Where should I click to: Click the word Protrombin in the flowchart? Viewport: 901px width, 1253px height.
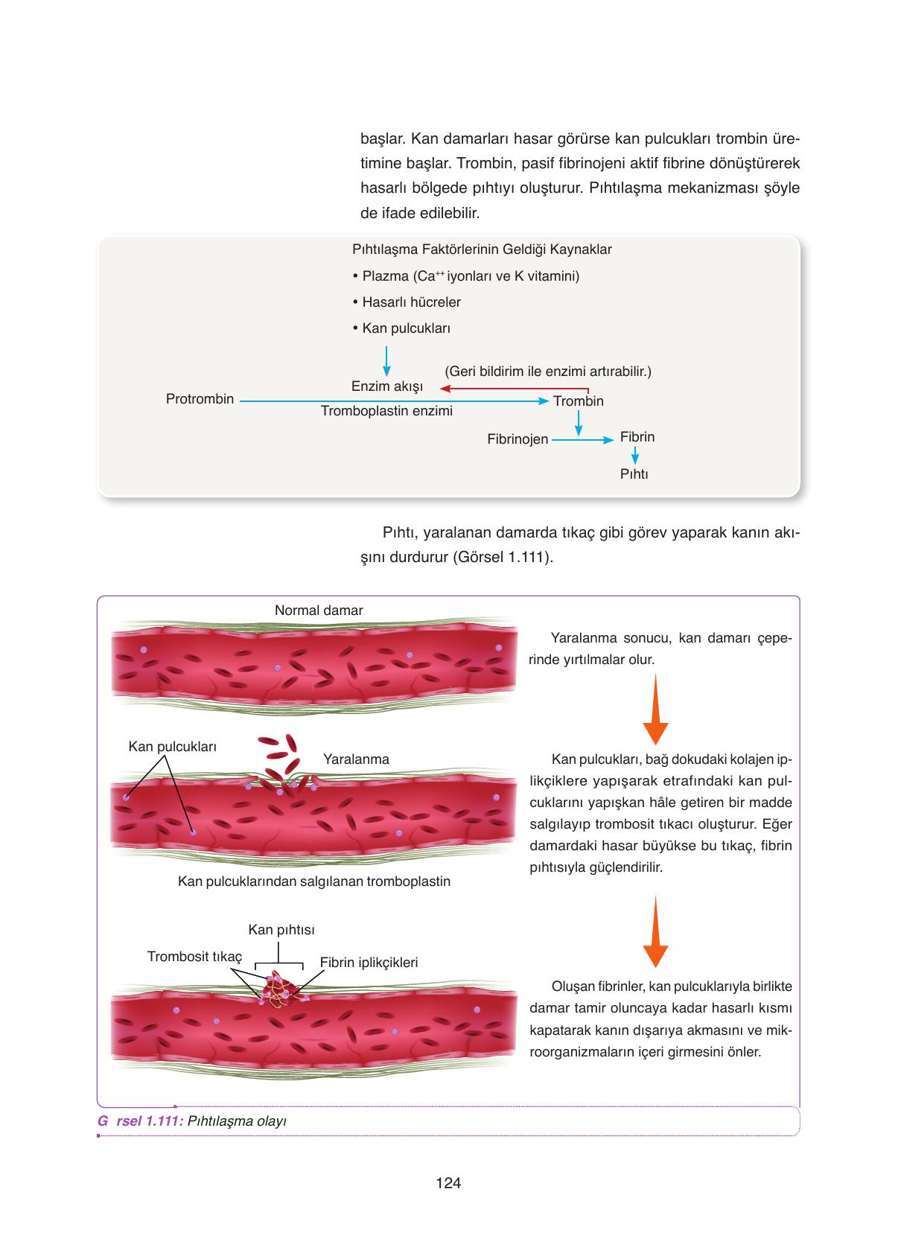(200, 399)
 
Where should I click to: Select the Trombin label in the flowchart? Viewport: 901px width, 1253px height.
(579, 401)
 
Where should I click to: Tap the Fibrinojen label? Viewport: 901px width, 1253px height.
(518, 440)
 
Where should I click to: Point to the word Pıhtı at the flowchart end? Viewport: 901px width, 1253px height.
(634, 474)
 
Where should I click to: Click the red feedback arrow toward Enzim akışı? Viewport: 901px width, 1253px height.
(515, 388)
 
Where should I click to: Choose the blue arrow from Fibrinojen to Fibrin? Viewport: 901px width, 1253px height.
(582, 440)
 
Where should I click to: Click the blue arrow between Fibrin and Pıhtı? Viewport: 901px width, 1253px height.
(635, 456)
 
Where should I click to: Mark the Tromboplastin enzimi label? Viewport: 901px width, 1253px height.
(386, 411)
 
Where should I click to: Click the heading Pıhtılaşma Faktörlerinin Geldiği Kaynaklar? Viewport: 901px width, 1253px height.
(482, 249)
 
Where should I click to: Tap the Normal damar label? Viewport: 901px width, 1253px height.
(319, 610)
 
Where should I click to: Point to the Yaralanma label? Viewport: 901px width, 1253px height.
(356, 759)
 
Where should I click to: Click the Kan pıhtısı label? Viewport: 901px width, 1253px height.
(281, 930)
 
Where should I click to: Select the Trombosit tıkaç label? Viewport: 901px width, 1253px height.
(195, 957)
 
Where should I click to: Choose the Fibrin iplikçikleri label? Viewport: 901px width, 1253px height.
(369, 962)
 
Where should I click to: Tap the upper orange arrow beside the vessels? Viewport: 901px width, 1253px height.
(655, 709)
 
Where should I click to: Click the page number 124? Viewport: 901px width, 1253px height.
(448, 1183)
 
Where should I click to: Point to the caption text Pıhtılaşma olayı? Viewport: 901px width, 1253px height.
(237, 1121)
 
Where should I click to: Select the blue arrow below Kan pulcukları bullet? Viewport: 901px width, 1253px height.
(386, 361)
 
